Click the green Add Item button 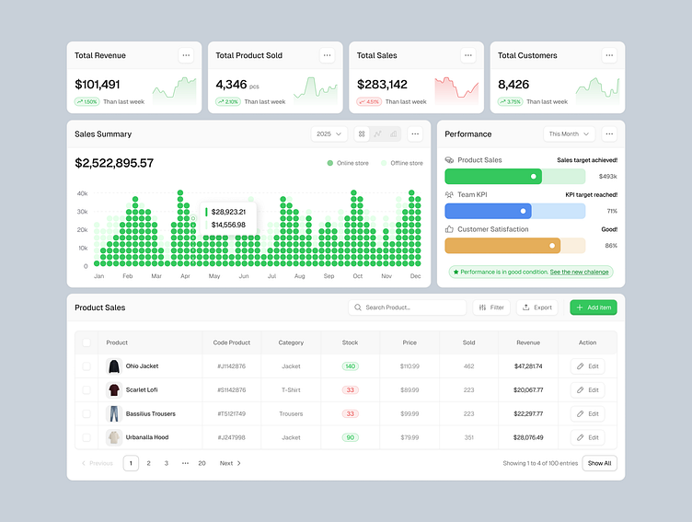[x=594, y=307]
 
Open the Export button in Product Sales [x=536, y=307]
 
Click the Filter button [x=491, y=307]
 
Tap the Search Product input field [x=407, y=307]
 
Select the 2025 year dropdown [x=329, y=134]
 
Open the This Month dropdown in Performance [x=569, y=134]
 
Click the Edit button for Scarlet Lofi [x=587, y=389]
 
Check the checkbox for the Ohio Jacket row [x=87, y=365]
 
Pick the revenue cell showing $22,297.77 [x=528, y=413]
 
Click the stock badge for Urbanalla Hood [x=350, y=437]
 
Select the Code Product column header [x=232, y=342]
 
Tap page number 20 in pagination [x=202, y=463]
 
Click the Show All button [x=599, y=463]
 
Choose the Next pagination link [x=230, y=463]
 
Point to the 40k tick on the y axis [x=82, y=193]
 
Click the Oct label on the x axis [x=357, y=276]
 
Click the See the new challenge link [x=579, y=273]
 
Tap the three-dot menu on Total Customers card [x=609, y=55]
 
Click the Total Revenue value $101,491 [x=98, y=85]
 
